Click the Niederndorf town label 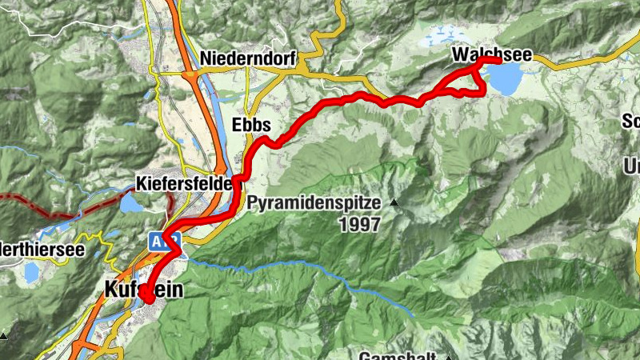[x=249, y=58]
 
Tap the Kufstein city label [x=143, y=290]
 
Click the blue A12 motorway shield [x=157, y=239]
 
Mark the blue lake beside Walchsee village [x=504, y=78]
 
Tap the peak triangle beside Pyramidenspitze [x=394, y=203]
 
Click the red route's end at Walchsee [x=498, y=60]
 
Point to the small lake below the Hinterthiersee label [x=30, y=273]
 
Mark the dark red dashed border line [x=48, y=210]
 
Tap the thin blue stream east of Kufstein [x=320, y=269]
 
